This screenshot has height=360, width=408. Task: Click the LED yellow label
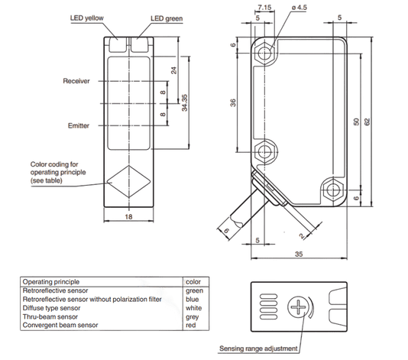[86, 18]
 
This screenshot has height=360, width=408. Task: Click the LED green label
[167, 18]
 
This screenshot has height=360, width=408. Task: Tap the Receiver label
[76, 81]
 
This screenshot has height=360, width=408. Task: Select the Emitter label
[79, 125]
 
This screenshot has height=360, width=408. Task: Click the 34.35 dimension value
[184, 103]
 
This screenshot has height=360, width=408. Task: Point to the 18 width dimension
[128, 217]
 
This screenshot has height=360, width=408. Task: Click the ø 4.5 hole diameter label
[300, 8]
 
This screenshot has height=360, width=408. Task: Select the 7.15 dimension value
[264, 8]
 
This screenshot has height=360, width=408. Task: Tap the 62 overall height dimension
[367, 122]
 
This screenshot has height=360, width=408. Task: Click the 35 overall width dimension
[299, 254]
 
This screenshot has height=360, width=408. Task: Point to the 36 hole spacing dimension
[233, 103]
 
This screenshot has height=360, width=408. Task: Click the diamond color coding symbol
[129, 181]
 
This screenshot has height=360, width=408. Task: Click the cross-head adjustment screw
[298, 306]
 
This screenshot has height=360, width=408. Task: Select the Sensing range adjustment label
[258, 349]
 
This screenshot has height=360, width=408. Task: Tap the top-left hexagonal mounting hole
[265, 54]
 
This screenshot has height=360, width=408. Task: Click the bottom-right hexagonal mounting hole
[332, 190]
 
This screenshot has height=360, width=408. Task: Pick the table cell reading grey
[193, 317]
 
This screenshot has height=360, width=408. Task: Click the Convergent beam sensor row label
[60, 325]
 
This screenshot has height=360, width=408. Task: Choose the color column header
[193, 282]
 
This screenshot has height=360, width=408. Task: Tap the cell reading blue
[193, 300]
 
